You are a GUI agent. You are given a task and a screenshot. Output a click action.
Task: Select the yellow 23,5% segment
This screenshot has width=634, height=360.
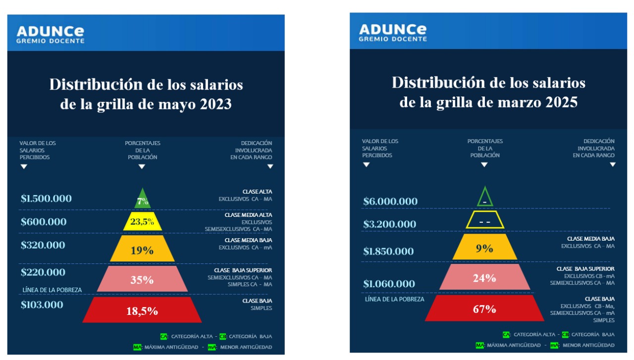(142, 221)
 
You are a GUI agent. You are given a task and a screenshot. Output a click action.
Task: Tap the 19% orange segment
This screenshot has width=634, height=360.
(142, 250)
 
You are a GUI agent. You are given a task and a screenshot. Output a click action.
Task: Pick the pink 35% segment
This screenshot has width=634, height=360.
(142, 279)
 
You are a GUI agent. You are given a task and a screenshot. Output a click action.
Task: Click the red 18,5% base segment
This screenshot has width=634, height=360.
(142, 310)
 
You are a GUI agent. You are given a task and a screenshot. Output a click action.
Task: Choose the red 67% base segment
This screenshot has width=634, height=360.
(484, 309)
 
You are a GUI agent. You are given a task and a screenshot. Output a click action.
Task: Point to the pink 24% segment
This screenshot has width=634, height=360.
(484, 277)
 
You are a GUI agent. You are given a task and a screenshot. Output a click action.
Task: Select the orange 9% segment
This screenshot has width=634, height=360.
(484, 248)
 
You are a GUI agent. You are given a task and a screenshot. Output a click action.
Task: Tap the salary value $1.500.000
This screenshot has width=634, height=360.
(46, 199)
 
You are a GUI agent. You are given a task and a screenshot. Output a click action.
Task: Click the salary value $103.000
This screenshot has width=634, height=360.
(42, 305)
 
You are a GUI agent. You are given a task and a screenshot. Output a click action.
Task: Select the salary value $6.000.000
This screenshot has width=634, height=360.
(390, 202)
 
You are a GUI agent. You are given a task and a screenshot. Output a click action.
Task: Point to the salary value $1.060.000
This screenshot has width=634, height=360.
(389, 284)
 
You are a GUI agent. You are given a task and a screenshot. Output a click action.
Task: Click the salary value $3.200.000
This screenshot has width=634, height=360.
(389, 224)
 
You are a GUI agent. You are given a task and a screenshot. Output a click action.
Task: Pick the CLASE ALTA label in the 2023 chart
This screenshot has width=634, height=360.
(257, 192)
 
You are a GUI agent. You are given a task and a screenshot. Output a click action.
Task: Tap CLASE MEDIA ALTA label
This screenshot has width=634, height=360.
(248, 215)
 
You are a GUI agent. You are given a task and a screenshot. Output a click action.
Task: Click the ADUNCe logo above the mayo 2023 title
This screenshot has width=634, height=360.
(51, 33)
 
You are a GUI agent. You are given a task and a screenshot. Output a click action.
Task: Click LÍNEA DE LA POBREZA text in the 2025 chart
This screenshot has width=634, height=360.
(394, 299)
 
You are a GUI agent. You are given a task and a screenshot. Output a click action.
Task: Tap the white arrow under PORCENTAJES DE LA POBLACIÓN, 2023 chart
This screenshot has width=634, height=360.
(142, 167)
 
